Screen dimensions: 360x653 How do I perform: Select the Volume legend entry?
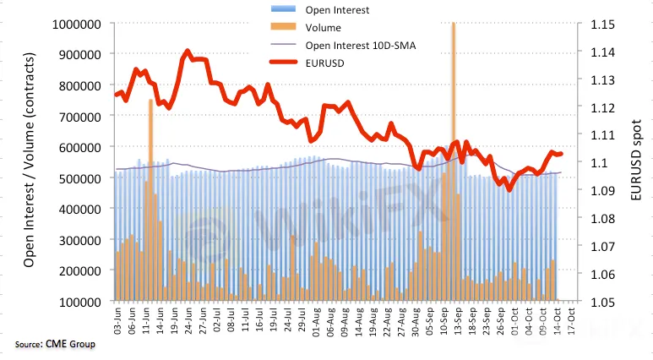pos(324,27)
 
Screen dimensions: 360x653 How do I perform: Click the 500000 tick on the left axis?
pos(79,177)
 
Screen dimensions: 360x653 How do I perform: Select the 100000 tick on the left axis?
pos(79,301)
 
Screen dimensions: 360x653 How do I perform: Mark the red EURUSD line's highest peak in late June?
pos(188,52)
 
